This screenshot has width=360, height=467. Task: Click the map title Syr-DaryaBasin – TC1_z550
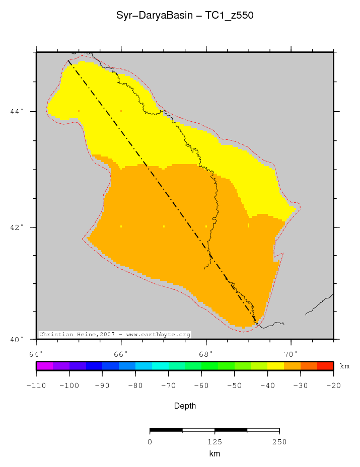(x=185, y=16)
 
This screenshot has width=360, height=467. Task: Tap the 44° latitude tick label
(x=17, y=112)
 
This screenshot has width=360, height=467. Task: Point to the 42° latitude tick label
(x=17, y=227)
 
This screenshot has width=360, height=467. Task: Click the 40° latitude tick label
(x=17, y=339)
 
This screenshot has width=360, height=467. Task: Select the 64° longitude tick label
(x=36, y=353)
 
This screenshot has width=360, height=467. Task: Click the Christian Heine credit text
(x=115, y=335)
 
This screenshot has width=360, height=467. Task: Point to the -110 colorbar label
(x=36, y=386)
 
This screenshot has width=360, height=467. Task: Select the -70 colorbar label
(x=168, y=386)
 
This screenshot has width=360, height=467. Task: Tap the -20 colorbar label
(x=333, y=386)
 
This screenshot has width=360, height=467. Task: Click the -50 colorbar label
(x=234, y=386)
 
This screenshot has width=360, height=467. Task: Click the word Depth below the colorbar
(x=185, y=406)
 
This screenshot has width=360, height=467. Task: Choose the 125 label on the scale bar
(x=214, y=442)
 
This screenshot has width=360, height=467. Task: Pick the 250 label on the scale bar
(x=279, y=442)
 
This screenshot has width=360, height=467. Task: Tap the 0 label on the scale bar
(x=150, y=442)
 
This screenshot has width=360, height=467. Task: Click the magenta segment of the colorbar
(x=44, y=366)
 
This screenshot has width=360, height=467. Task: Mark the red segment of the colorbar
(x=325, y=366)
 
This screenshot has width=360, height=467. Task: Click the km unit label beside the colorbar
(x=344, y=366)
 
